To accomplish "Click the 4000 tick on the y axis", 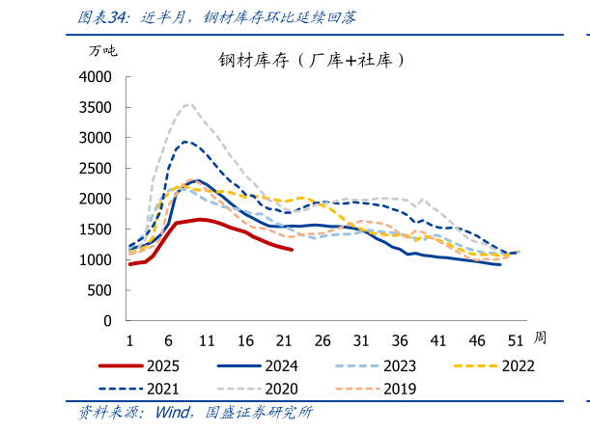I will click(x=96, y=77).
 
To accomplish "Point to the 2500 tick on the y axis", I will click(x=96, y=169).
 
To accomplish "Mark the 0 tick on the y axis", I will click(x=107, y=321).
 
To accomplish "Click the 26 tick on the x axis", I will click(x=322, y=340).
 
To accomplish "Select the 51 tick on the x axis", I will click(x=516, y=340).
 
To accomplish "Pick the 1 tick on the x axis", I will click(x=129, y=340).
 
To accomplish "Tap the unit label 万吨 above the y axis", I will click(x=103, y=49).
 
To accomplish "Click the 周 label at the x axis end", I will click(x=540, y=337).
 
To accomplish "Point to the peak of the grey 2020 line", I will click(x=188, y=104).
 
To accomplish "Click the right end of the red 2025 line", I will click(x=292, y=250).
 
